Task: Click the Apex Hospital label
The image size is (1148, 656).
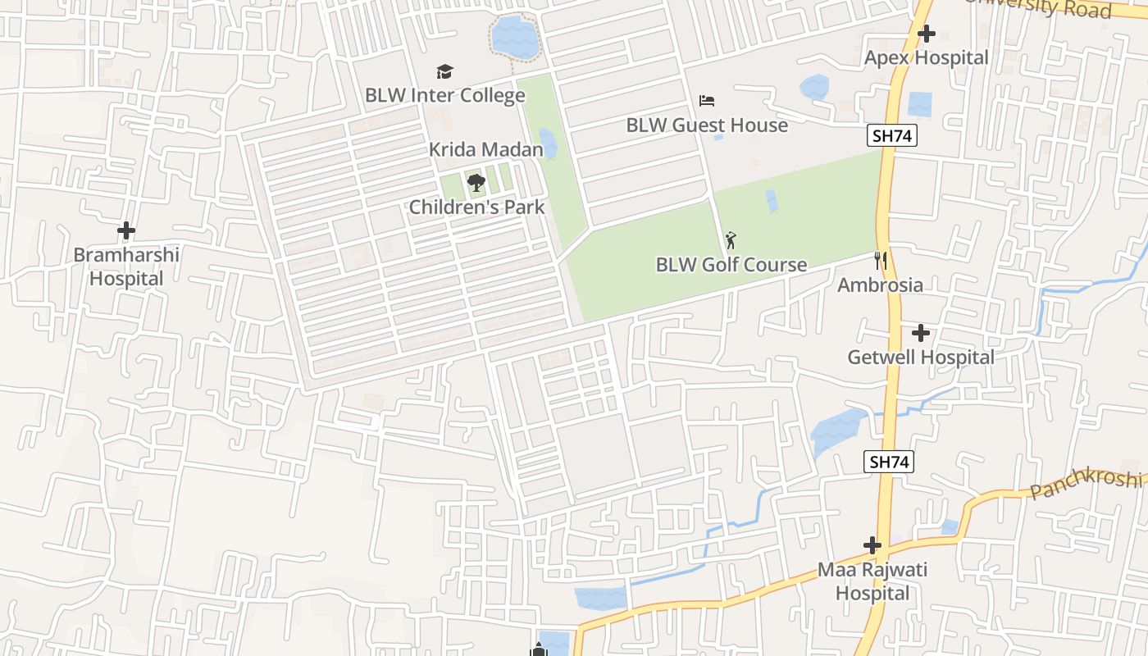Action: tap(927, 58)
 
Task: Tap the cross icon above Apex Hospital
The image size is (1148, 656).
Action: tap(927, 34)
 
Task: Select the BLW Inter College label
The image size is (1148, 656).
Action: tap(444, 95)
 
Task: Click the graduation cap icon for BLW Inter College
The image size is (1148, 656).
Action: tap(444, 72)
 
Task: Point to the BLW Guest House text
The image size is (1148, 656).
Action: tap(707, 125)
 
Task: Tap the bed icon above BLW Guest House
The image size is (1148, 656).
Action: tap(707, 101)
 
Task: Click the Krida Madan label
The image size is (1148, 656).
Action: tap(486, 150)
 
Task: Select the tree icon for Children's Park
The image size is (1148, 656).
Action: tap(476, 183)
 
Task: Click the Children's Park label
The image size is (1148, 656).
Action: tap(476, 207)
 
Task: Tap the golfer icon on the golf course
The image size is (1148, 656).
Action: tap(731, 241)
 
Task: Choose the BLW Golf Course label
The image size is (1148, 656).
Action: tap(731, 265)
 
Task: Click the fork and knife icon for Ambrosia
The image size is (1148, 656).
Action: tap(881, 261)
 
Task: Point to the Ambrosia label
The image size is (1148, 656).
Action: tap(880, 285)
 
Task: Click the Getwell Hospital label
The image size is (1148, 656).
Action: tap(921, 358)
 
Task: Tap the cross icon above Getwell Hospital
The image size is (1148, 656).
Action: tap(921, 333)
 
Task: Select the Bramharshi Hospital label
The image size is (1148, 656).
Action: tap(126, 266)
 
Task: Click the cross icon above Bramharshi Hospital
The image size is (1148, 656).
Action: tap(126, 231)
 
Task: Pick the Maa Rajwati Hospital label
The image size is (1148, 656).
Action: tap(872, 581)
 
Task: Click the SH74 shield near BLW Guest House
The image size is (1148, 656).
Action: tap(892, 136)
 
